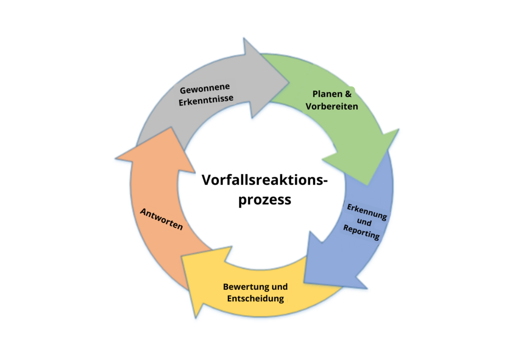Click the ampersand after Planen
pyautogui.click(x=349, y=94)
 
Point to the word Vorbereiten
pyautogui.click(x=332, y=106)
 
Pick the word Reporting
pyautogui.click(x=361, y=232)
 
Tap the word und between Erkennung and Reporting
pyautogui.click(x=364, y=222)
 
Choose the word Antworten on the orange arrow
pyautogui.click(x=162, y=219)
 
